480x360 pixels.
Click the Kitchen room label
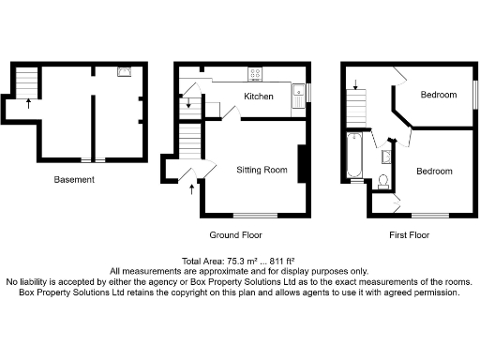tap(259, 97)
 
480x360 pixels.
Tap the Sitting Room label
tap(262, 171)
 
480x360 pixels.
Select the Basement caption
tap(74, 179)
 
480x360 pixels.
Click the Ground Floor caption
tap(235, 235)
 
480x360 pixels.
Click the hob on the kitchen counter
tap(254, 74)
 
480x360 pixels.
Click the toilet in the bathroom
tap(384, 181)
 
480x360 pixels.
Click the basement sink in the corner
tap(124, 71)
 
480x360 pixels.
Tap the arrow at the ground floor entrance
tap(193, 190)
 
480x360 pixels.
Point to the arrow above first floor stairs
tap(354, 85)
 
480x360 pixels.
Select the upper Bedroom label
tap(438, 95)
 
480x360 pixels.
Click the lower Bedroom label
tap(434, 172)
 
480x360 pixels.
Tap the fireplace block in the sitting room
tap(302, 164)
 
